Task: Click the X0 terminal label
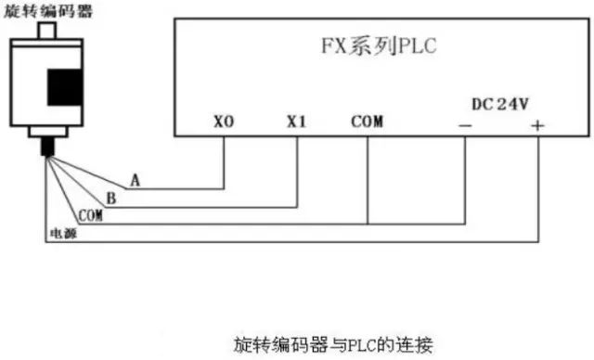coord(224,121)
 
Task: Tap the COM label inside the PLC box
coord(368,121)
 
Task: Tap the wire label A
coord(136,180)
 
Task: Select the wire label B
coord(110,198)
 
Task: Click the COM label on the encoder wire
coord(90,215)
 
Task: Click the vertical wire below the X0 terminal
coord(224,162)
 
